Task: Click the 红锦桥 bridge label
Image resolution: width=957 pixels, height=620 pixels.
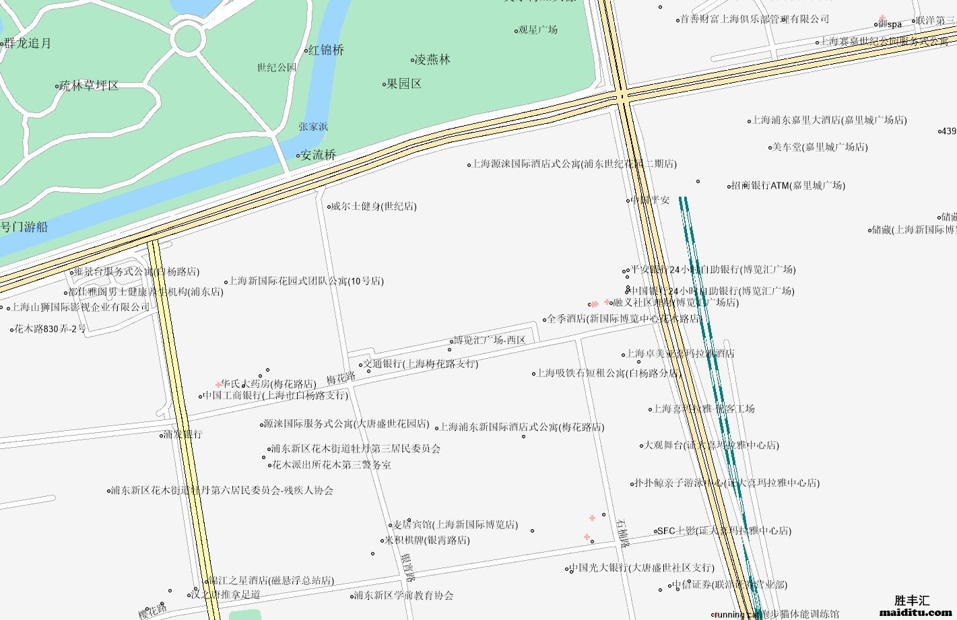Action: (326, 50)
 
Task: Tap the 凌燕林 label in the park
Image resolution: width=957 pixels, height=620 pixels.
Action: (432, 59)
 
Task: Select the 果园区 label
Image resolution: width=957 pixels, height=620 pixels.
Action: (404, 83)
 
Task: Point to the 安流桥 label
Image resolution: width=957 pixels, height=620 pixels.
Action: (318, 155)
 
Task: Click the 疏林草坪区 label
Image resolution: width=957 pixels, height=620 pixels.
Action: (89, 85)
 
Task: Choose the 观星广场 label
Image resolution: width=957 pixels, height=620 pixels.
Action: (538, 30)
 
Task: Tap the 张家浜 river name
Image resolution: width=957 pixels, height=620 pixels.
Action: (313, 126)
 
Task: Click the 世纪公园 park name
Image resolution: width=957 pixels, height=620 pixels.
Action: (277, 67)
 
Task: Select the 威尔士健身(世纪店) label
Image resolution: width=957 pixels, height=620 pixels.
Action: (373, 206)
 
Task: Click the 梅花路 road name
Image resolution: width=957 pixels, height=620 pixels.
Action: (341, 378)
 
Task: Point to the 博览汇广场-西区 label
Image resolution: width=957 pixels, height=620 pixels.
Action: (489, 340)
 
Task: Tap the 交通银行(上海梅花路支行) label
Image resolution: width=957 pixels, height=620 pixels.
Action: (421, 364)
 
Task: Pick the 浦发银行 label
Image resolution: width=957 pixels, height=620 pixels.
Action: (183, 434)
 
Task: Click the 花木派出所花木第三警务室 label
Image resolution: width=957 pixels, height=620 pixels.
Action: (331, 464)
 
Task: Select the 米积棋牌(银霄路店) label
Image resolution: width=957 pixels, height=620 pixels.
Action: (427, 540)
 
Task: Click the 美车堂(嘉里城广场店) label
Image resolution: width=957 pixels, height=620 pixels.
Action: (820, 147)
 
